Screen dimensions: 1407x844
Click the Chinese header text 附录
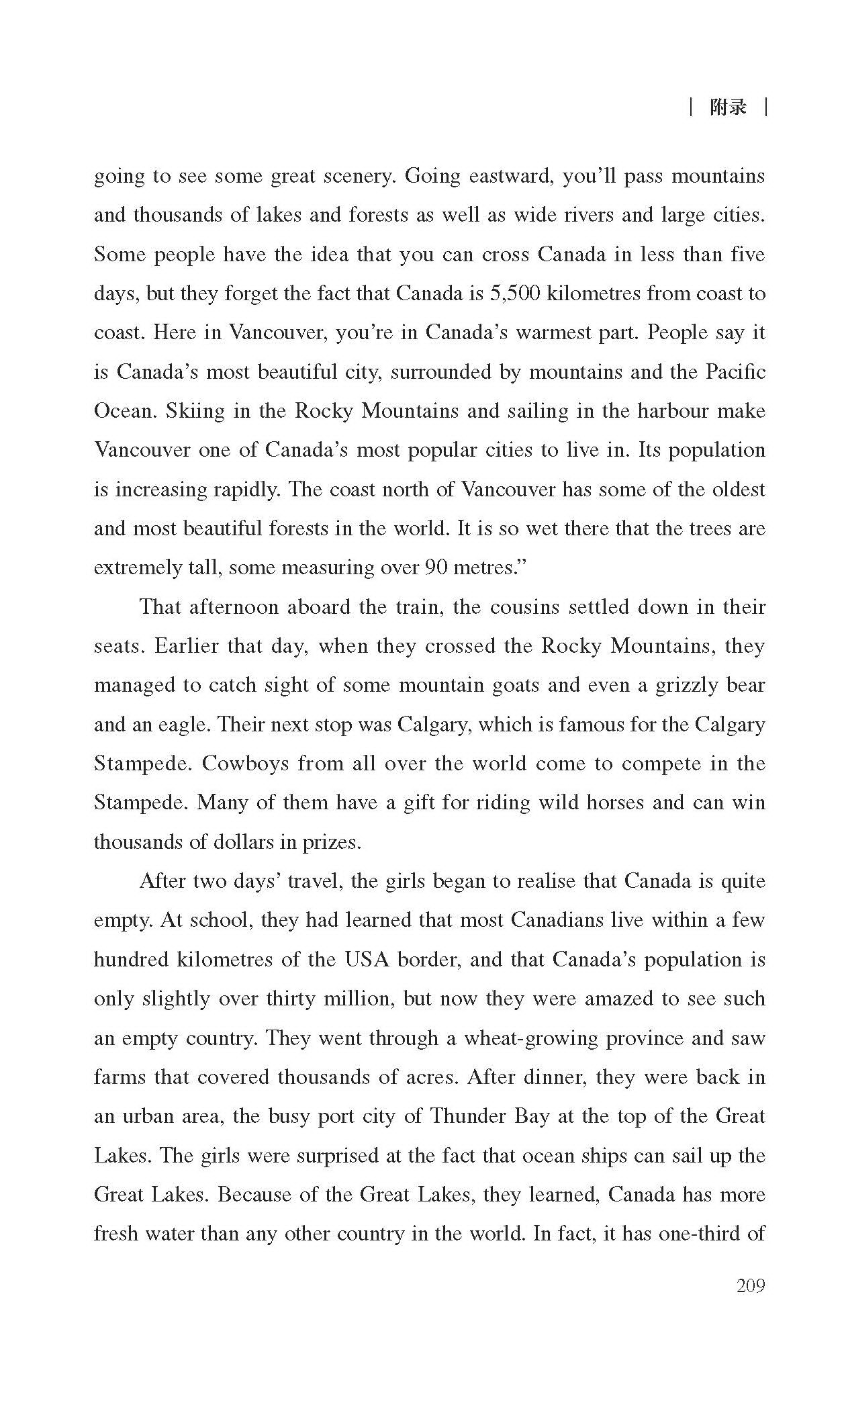[x=729, y=107]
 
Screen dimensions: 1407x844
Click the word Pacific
[x=735, y=372]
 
